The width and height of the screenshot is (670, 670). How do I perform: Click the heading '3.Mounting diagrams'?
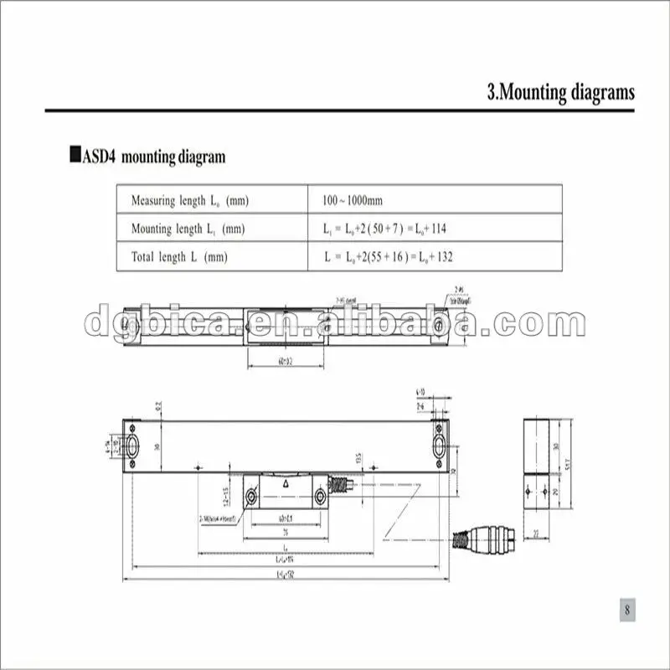point(560,92)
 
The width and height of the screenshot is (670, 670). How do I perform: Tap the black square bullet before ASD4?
point(75,156)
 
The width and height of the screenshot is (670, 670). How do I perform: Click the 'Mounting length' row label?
point(188,229)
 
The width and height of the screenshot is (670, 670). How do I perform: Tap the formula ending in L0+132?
point(389,257)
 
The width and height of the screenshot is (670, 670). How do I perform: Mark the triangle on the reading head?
point(286,483)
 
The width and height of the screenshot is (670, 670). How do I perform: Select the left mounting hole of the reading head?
point(251,497)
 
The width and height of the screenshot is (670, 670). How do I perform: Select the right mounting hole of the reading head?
point(320,497)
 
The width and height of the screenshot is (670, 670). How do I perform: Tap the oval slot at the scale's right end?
point(440,444)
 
